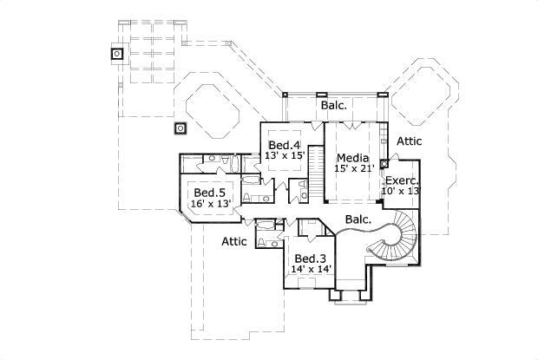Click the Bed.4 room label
tap(284, 144)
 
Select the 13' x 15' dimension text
tap(284, 154)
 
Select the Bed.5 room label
tap(210, 193)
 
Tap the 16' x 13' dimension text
tap(210, 203)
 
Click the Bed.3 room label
tap(310, 259)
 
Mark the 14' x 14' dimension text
tap(310, 270)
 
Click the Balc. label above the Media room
tap(334, 105)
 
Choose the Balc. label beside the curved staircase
tap(358, 219)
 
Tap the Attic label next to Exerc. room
tap(410, 141)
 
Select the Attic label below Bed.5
tap(234, 241)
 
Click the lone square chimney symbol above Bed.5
tap(180, 129)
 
